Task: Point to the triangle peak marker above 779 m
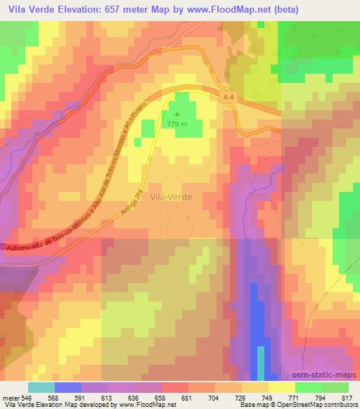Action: point(176,111)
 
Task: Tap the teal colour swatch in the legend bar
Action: point(41,388)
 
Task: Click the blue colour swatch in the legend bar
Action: point(68,388)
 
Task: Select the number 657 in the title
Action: point(110,10)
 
